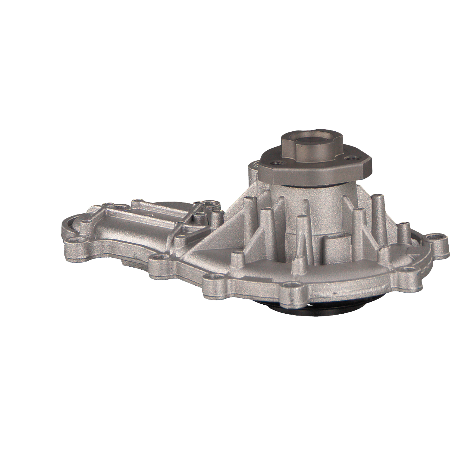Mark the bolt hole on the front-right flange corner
click(x=406, y=269)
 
